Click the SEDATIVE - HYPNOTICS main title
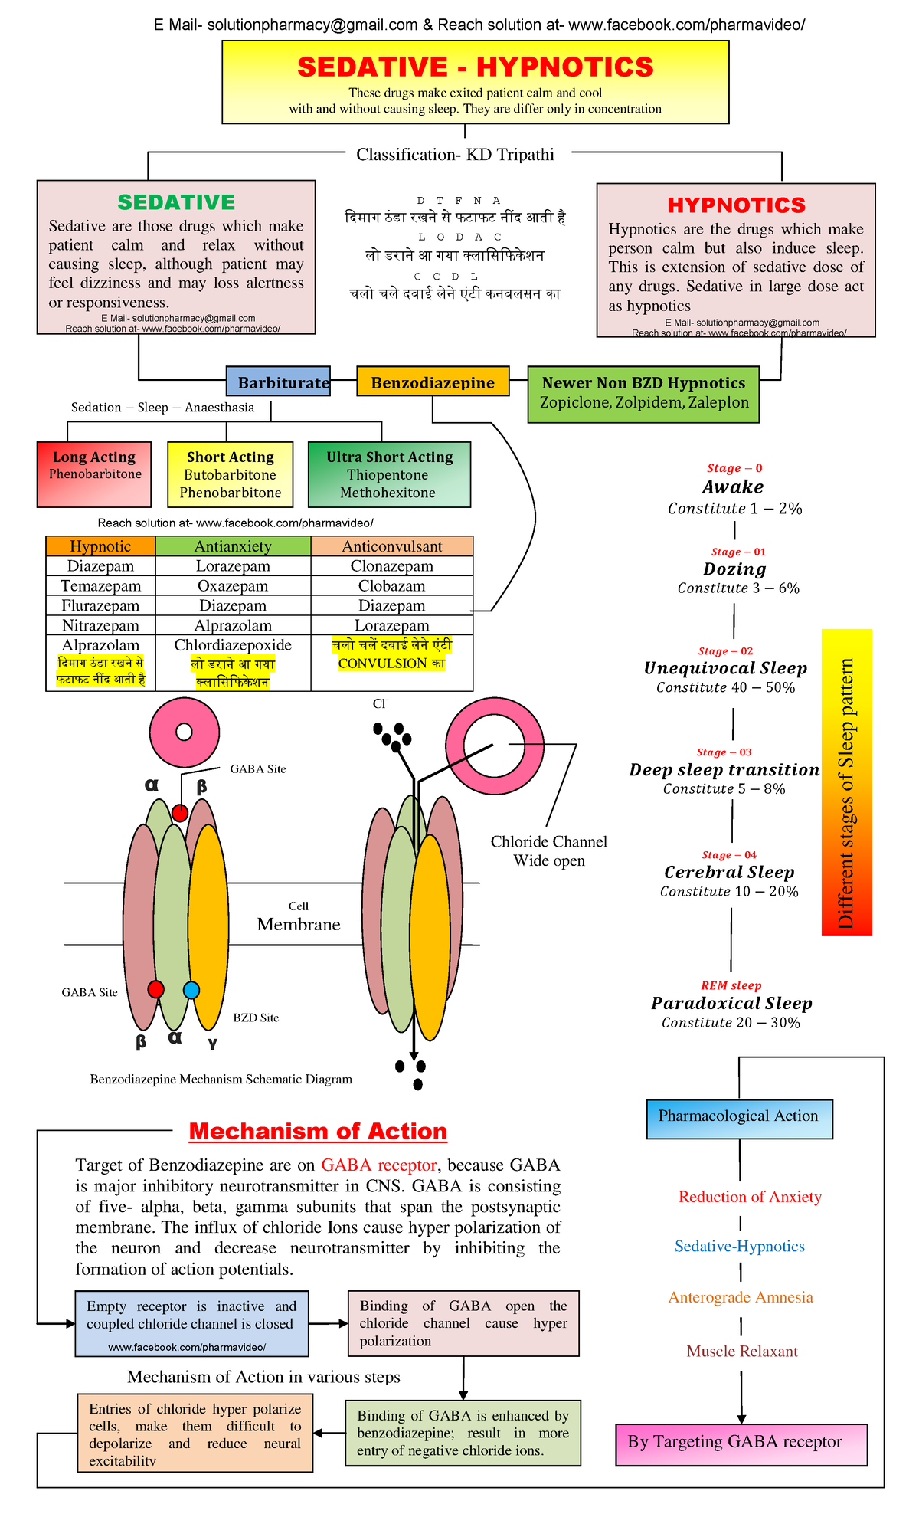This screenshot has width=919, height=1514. (x=475, y=67)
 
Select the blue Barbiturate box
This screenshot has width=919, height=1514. (x=279, y=382)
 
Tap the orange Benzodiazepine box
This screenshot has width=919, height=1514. (x=433, y=382)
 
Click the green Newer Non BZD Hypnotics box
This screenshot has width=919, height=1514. (x=643, y=394)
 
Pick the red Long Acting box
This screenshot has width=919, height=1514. (x=94, y=474)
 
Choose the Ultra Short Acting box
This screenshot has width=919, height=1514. (x=389, y=474)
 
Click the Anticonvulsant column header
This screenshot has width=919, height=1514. (x=391, y=546)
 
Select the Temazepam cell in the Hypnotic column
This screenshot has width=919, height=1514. (x=101, y=586)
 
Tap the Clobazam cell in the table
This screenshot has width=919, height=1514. (x=391, y=586)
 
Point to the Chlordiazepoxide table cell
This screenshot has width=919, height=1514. (x=233, y=645)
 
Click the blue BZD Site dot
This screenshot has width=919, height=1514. (x=191, y=990)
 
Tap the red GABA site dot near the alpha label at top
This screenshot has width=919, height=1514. (x=180, y=813)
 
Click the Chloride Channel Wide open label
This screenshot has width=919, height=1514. (x=548, y=850)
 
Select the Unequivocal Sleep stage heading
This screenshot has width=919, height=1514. (x=725, y=668)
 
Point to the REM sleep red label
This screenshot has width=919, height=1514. (x=731, y=986)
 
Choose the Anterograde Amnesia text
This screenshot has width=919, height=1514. (x=741, y=1297)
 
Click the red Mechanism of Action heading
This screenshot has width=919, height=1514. (x=318, y=1131)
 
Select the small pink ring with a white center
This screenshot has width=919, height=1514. (x=185, y=732)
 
